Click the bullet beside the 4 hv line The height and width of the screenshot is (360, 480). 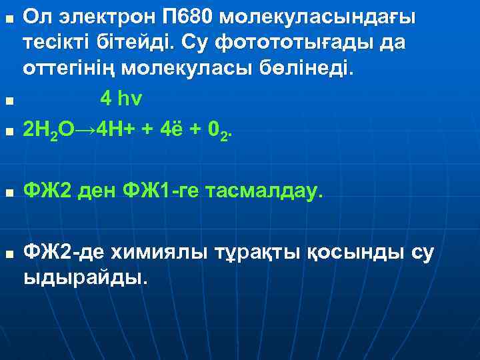[8, 102]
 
